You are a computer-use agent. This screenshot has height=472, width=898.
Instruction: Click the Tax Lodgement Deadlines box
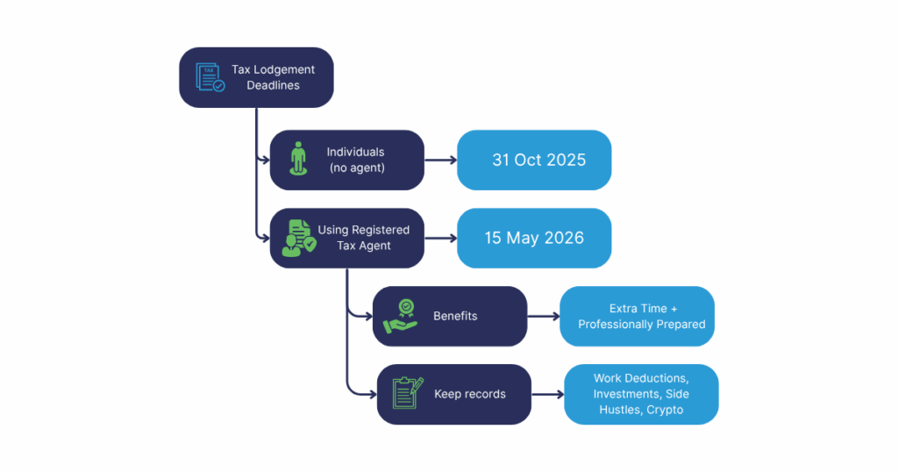[x=256, y=77]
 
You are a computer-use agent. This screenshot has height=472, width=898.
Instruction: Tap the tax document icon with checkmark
[x=210, y=77]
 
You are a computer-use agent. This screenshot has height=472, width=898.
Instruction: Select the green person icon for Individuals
[x=300, y=160]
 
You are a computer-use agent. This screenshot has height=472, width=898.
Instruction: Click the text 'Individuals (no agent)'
[x=357, y=160]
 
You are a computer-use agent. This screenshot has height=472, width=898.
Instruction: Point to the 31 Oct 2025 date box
[x=534, y=160]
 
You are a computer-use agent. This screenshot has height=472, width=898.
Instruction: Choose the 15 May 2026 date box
[x=534, y=238]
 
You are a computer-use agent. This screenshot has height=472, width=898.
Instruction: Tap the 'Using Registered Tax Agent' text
[x=364, y=238]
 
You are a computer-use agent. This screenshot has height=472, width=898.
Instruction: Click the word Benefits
[x=455, y=316]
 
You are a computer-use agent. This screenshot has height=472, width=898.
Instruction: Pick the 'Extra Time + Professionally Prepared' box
[x=638, y=316]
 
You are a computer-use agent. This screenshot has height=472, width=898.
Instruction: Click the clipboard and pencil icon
[x=408, y=394]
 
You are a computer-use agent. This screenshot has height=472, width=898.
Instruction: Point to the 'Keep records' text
[x=470, y=394]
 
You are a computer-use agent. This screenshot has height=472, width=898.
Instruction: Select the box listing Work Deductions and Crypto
[x=641, y=394]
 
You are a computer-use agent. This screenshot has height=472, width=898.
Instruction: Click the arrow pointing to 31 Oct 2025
[x=440, y=161]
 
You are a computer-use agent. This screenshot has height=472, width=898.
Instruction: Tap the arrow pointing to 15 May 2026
[x=440, y=238]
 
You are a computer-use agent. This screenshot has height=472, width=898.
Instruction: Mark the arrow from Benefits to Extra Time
[x=544, y=316]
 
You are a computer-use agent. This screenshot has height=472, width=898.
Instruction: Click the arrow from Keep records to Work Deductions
[x=547, y=394]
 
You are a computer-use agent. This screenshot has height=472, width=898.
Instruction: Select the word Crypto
[x=665, y=410]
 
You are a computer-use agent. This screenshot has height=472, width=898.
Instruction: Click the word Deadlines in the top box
[x=273, y=85]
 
